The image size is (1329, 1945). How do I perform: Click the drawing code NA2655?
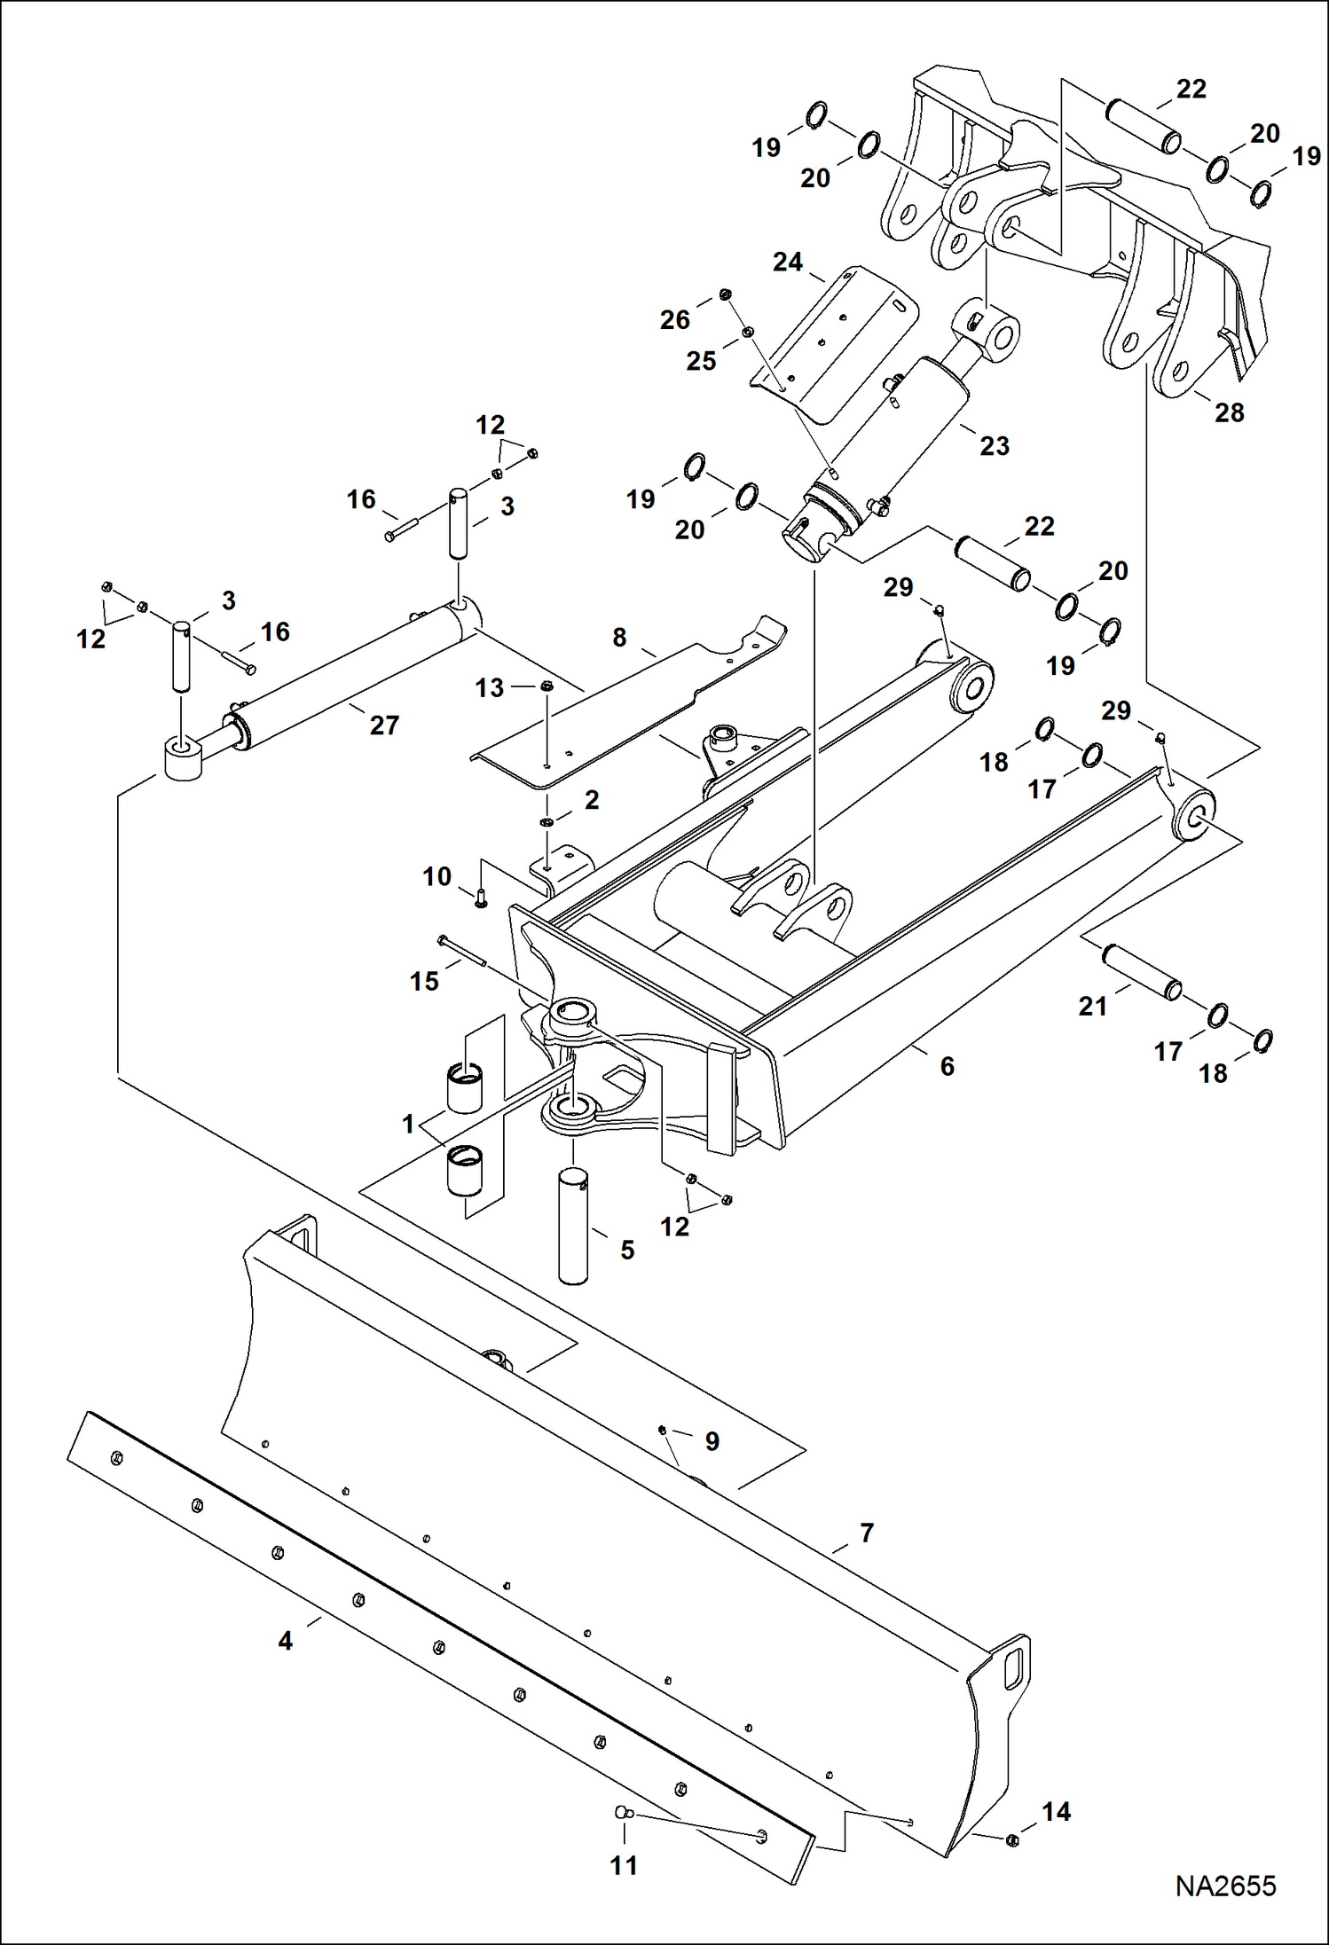click(1225, 1886)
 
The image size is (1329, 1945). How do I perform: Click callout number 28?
click(1229, 412)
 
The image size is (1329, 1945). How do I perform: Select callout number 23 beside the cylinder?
click(995, 445)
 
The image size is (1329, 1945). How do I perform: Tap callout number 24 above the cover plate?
click(787, 262)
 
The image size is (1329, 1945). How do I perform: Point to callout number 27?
click(384, 725)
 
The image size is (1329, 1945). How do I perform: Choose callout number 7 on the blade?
click(867, 1532)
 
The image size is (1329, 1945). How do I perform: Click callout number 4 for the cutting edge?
click(619, 637)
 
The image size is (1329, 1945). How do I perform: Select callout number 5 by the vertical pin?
click(627, 1250)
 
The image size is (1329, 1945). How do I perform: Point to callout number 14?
click(1056, 1811)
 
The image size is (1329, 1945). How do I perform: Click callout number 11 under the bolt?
click(624, 1865)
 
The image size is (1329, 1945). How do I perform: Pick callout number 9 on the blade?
click(712, 1440)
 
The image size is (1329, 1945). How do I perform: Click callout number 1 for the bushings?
click(408, 1125)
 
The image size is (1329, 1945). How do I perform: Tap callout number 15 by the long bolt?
click(424, 981)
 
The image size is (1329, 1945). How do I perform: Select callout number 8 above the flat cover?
click(619, 637)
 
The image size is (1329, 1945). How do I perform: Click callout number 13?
click(489, 687)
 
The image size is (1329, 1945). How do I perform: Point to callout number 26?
click(674, 319)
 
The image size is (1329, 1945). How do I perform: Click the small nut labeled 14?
click(1013, 1841)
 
